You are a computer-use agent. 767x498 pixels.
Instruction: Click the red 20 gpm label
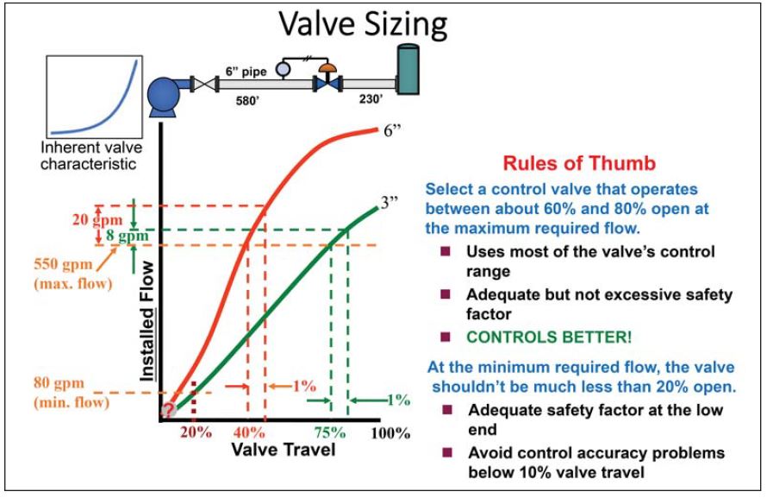pos(68,217)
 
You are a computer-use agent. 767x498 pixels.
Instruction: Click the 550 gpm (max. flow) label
pos(66,270)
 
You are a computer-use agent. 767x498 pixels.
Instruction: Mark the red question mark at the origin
pos(169,409)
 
